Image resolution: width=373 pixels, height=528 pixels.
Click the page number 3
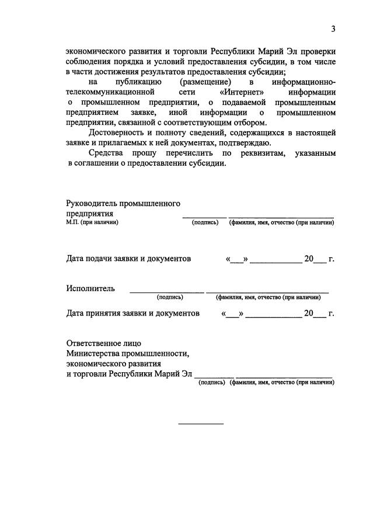pyautogui.click(x=333, y=29)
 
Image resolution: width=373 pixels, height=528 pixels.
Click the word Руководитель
pyautogui.click(x=92, y=204)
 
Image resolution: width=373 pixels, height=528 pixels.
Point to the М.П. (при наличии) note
pyautogui.click(x=92, y=222)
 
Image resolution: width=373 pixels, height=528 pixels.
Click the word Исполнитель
pyautogui.click(x=90, y=288)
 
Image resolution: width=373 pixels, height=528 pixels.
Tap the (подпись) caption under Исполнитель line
pyautogui.click(x=170, y=297)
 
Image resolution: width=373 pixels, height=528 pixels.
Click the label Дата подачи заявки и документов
pyautogui.click(x=128, y=258)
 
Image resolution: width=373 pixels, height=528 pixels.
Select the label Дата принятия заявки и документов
pyautogui.click(x=133, y=313)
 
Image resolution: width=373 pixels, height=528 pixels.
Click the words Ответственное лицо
pyautogui.click(x=103, y=343)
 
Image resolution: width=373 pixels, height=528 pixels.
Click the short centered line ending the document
pyautogui.click(x=200, y=423)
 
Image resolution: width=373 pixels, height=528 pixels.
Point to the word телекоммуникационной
pyautogui.click(x=110, y=92)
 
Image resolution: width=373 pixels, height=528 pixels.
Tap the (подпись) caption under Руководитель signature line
pyautogui.click(x=205, y=222)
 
